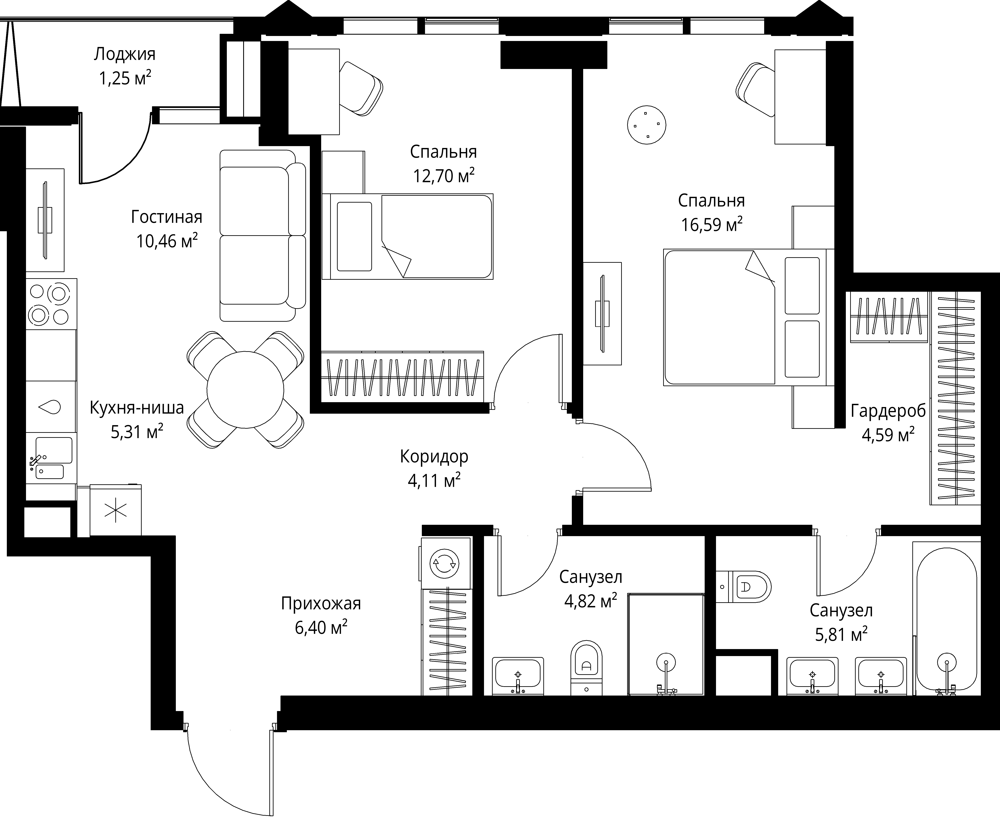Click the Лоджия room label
pyautogui.click(x=125, y=55)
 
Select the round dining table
pyautogui.click(x=245, y=390)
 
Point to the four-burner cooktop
pyautogui.click(x=51, y=304)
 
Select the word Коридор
pyautogui.click(x=434, y=456)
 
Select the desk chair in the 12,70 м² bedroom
pyautogui.click(x=361, y=88)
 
